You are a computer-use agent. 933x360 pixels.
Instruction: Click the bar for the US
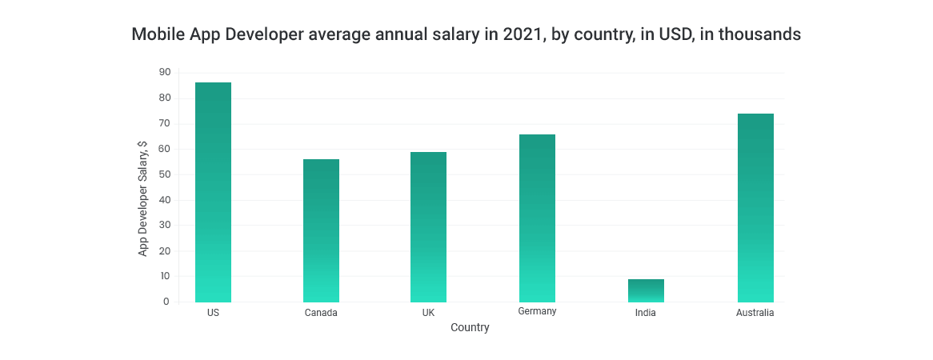[x=213, y=192]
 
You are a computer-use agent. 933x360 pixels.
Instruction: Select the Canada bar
[x=321, y=230]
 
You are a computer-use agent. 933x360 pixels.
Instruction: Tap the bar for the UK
[x=429, y=227]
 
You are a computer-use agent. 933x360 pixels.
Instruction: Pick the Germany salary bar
[x=537, y=218]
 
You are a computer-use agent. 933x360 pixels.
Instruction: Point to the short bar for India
[x=646, y=290]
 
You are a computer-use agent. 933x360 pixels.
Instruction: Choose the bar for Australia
[x=755, y=208]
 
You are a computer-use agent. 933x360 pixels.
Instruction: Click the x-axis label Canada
[x=321, y=313]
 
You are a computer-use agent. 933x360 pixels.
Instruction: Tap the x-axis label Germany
[x=537, y=311]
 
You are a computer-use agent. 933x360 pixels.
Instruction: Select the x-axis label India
[x=646, y=313]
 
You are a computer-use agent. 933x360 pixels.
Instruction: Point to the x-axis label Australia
[x=755, y=313]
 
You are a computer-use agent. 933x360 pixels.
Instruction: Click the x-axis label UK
[x=429, y=313]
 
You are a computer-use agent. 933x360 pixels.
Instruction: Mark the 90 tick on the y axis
[x=165, y=72]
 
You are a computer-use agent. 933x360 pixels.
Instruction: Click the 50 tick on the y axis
[x=165, y=174]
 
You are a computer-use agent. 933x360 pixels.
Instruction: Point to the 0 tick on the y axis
[x=166, y=302]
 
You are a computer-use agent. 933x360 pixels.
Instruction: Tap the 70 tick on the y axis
[x=165, y=123]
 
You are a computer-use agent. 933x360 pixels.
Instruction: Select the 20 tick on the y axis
[x=165, y=250]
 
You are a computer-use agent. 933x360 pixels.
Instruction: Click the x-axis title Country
[x=470, y=328]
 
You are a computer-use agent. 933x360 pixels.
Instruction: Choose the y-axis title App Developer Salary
[x=143, y=198]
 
